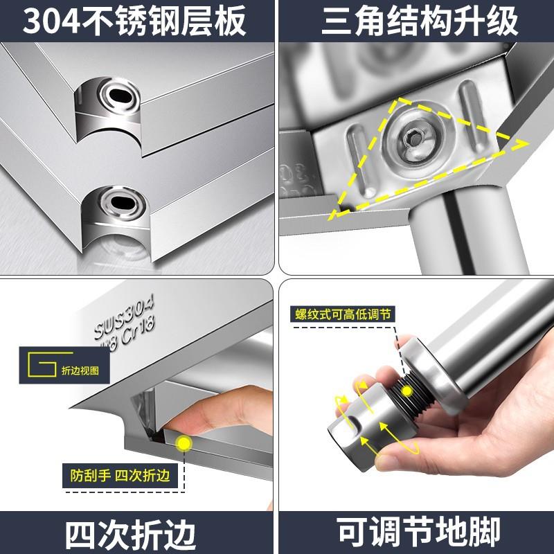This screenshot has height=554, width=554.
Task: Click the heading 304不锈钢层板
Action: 134,22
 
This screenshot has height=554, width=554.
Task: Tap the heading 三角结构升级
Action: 420,22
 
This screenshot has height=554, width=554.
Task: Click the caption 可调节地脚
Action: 419,534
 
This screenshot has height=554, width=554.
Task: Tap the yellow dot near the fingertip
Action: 184,443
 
